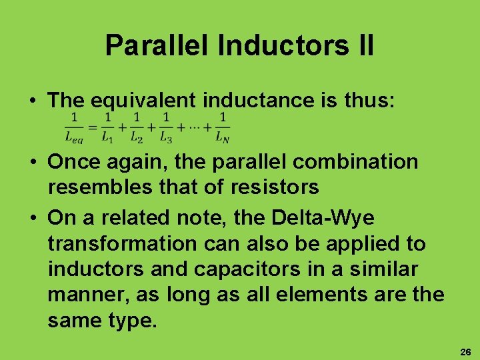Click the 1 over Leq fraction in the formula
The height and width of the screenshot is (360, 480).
tap(75, 127)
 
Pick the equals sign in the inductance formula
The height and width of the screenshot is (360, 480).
tap(93, 127)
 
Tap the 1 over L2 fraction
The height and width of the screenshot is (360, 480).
tap(137, 127)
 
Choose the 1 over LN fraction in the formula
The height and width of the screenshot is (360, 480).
tap(223, 127)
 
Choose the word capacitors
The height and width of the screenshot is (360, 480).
tap(241, 269)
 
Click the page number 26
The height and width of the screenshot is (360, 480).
tap(465, 351)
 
